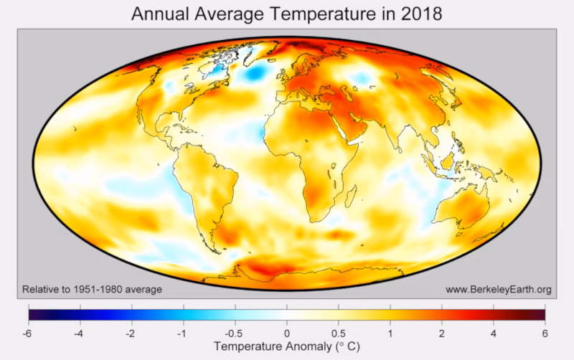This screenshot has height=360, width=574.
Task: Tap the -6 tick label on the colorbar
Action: [28, 333]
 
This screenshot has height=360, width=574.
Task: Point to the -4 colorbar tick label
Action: [80, 333]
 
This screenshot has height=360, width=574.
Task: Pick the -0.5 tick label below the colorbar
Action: [235, 333]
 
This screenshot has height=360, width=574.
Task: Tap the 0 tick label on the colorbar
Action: [287, 333]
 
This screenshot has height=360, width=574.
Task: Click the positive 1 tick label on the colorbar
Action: [390, 333]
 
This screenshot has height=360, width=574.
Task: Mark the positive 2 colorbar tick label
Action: [442, 333]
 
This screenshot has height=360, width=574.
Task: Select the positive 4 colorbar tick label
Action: [494, 333]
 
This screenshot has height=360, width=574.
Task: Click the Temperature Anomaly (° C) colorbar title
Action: [287, 348]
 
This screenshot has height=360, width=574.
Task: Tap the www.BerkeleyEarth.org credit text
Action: [499, 290]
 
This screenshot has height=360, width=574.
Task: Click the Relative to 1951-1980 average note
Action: [92, 290]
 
